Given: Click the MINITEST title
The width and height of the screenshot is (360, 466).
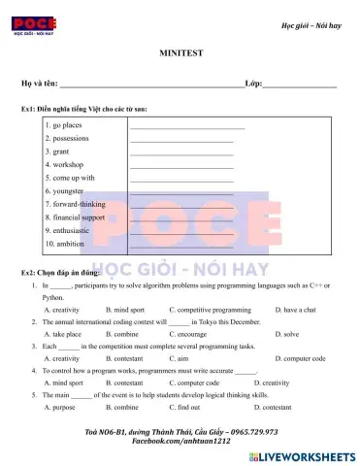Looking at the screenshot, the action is point(179,57).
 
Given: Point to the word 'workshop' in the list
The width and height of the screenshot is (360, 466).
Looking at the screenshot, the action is point(66,165).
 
